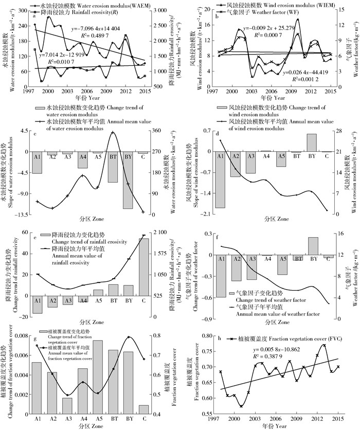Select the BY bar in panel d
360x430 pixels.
point(312,142)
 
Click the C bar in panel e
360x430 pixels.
point(143,267)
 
